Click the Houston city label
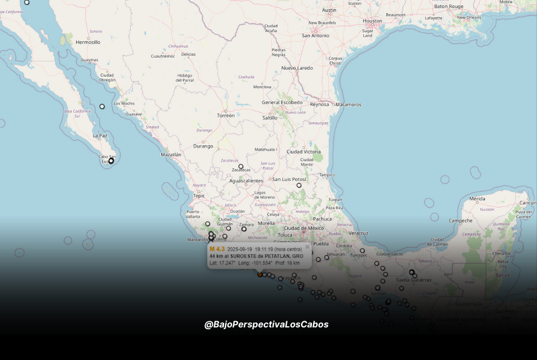(372, 21)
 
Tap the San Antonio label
(315, 35)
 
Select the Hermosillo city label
(88, 42)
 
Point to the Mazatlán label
(171, 154)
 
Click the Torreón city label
(226, 115)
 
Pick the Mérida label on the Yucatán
(477, 199)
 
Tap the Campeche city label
(460, 221)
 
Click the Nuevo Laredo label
(297, 68)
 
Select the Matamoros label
(348, 105)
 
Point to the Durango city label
(203, 146)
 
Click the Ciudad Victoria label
(303, 151)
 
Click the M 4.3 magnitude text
(217, 249)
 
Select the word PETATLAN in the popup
(276, 256)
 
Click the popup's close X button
(307, 247)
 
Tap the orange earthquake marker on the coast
(260, 274)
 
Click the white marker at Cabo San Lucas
(111, 161)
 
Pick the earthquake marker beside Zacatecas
(241, 167)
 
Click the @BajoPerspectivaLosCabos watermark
(266, 325)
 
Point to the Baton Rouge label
(448, 6)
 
